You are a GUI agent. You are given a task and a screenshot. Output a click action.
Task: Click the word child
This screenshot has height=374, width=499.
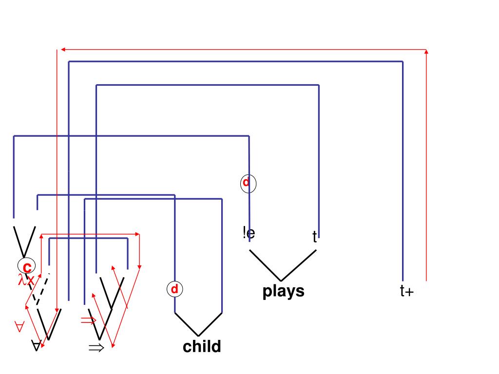pos(202,347)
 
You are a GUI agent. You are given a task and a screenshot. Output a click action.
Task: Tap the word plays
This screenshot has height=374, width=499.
pos(283,291)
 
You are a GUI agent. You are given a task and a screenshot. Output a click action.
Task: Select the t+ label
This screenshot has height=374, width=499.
pos(406,292)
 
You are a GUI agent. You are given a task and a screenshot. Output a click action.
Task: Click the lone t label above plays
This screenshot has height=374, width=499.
pos(315,237)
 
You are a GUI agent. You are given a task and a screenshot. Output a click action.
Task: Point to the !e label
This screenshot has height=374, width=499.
pos(249,233)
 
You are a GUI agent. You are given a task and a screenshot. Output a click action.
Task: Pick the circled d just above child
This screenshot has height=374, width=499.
pos(174,289)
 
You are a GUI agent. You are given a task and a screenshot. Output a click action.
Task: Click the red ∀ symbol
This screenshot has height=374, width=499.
pos(19,327)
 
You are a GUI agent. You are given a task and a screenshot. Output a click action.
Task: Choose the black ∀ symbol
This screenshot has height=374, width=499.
pos(36,346)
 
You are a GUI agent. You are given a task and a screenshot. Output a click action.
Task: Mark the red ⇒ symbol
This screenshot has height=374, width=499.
pos(89,320)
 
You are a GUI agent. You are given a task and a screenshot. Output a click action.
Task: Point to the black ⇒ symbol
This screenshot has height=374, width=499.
pos(96,348)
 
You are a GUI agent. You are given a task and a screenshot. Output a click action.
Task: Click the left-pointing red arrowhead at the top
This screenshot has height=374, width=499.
pos(61,49)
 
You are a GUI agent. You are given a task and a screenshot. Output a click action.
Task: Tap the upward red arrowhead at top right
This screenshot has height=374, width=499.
pos(426,52)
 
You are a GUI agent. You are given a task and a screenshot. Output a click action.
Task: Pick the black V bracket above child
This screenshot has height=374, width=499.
pos(198,324)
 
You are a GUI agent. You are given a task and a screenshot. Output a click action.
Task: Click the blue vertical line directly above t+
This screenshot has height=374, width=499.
pos(403,195)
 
